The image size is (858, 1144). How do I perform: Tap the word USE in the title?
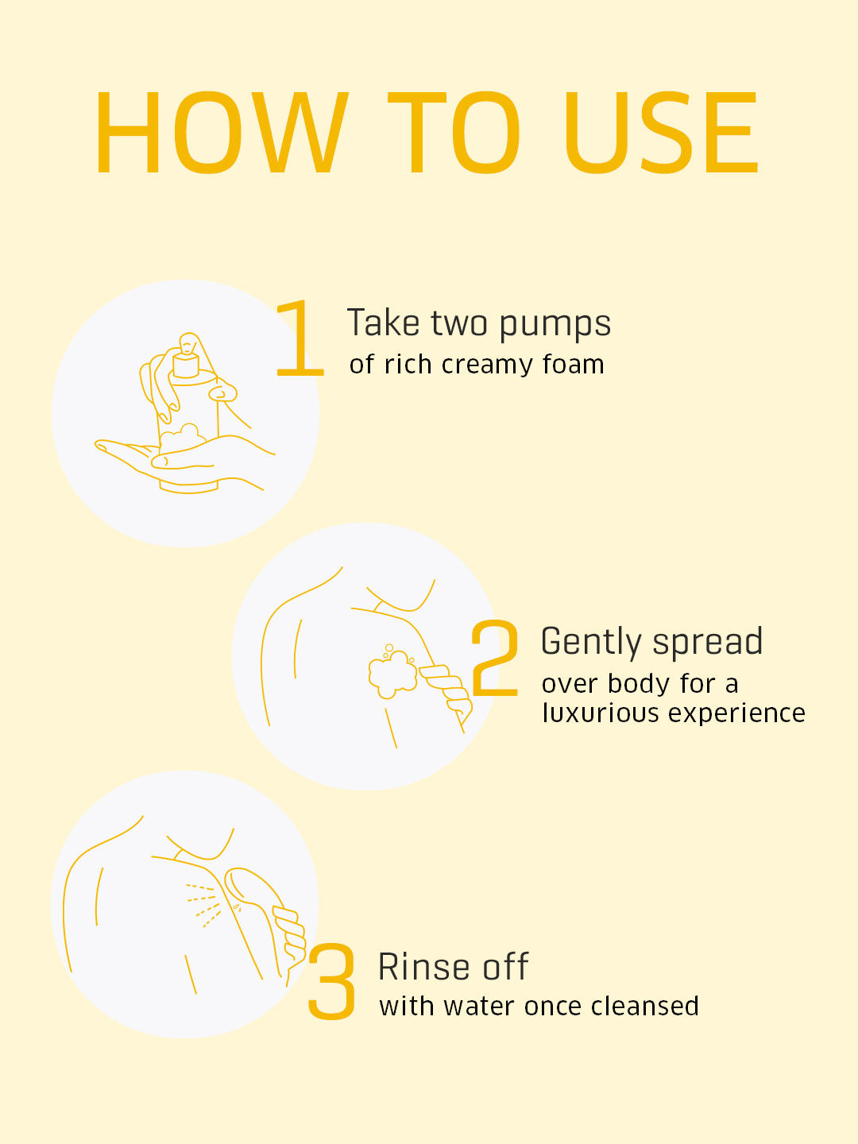point(661,133)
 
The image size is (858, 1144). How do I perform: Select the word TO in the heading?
point(453,133)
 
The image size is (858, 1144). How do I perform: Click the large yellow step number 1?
point(300,338)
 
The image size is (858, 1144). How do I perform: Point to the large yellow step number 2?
point(494,658)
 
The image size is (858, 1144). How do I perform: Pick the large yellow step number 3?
point(332,981)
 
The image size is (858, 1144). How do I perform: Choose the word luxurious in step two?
point(601,713)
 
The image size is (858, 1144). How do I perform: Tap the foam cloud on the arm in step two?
point(392,673)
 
